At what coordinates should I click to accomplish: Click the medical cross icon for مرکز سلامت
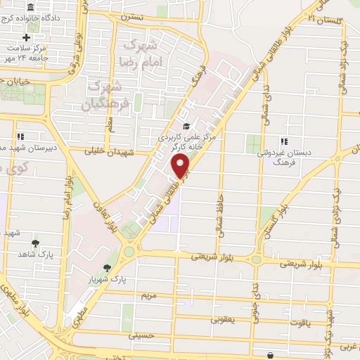[x=27, y=37]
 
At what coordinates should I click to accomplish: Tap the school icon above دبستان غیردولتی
[x=283, y=140]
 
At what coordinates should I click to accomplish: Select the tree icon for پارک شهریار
[x=107, y=268]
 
